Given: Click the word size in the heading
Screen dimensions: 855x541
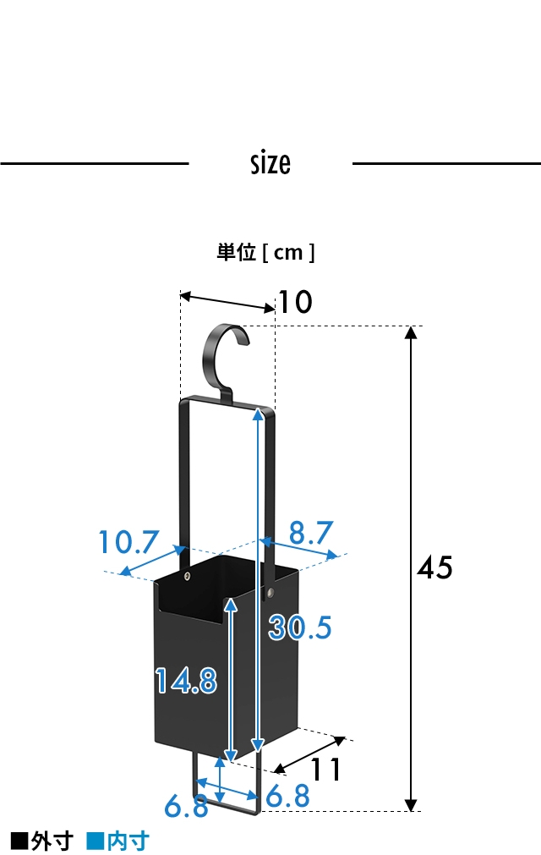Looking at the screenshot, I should pos(270,162).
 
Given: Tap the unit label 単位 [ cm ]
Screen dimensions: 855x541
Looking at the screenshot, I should pos(265,252).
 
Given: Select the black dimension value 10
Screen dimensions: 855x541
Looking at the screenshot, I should pos(295,302).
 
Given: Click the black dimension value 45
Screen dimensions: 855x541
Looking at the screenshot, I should pos(435,567).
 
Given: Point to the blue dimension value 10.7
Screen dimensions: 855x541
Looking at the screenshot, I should pos(128,542).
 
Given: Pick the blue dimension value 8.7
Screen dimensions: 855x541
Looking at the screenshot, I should pos(310,533).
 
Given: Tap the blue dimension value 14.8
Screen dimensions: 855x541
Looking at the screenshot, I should pos(186,680).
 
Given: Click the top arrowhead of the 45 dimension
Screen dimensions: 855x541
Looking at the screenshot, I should pos(412,332).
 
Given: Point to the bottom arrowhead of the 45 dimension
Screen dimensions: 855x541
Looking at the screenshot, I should pos(412,804).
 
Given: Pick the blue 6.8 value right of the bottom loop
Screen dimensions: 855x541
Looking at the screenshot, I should pos(288,796).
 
